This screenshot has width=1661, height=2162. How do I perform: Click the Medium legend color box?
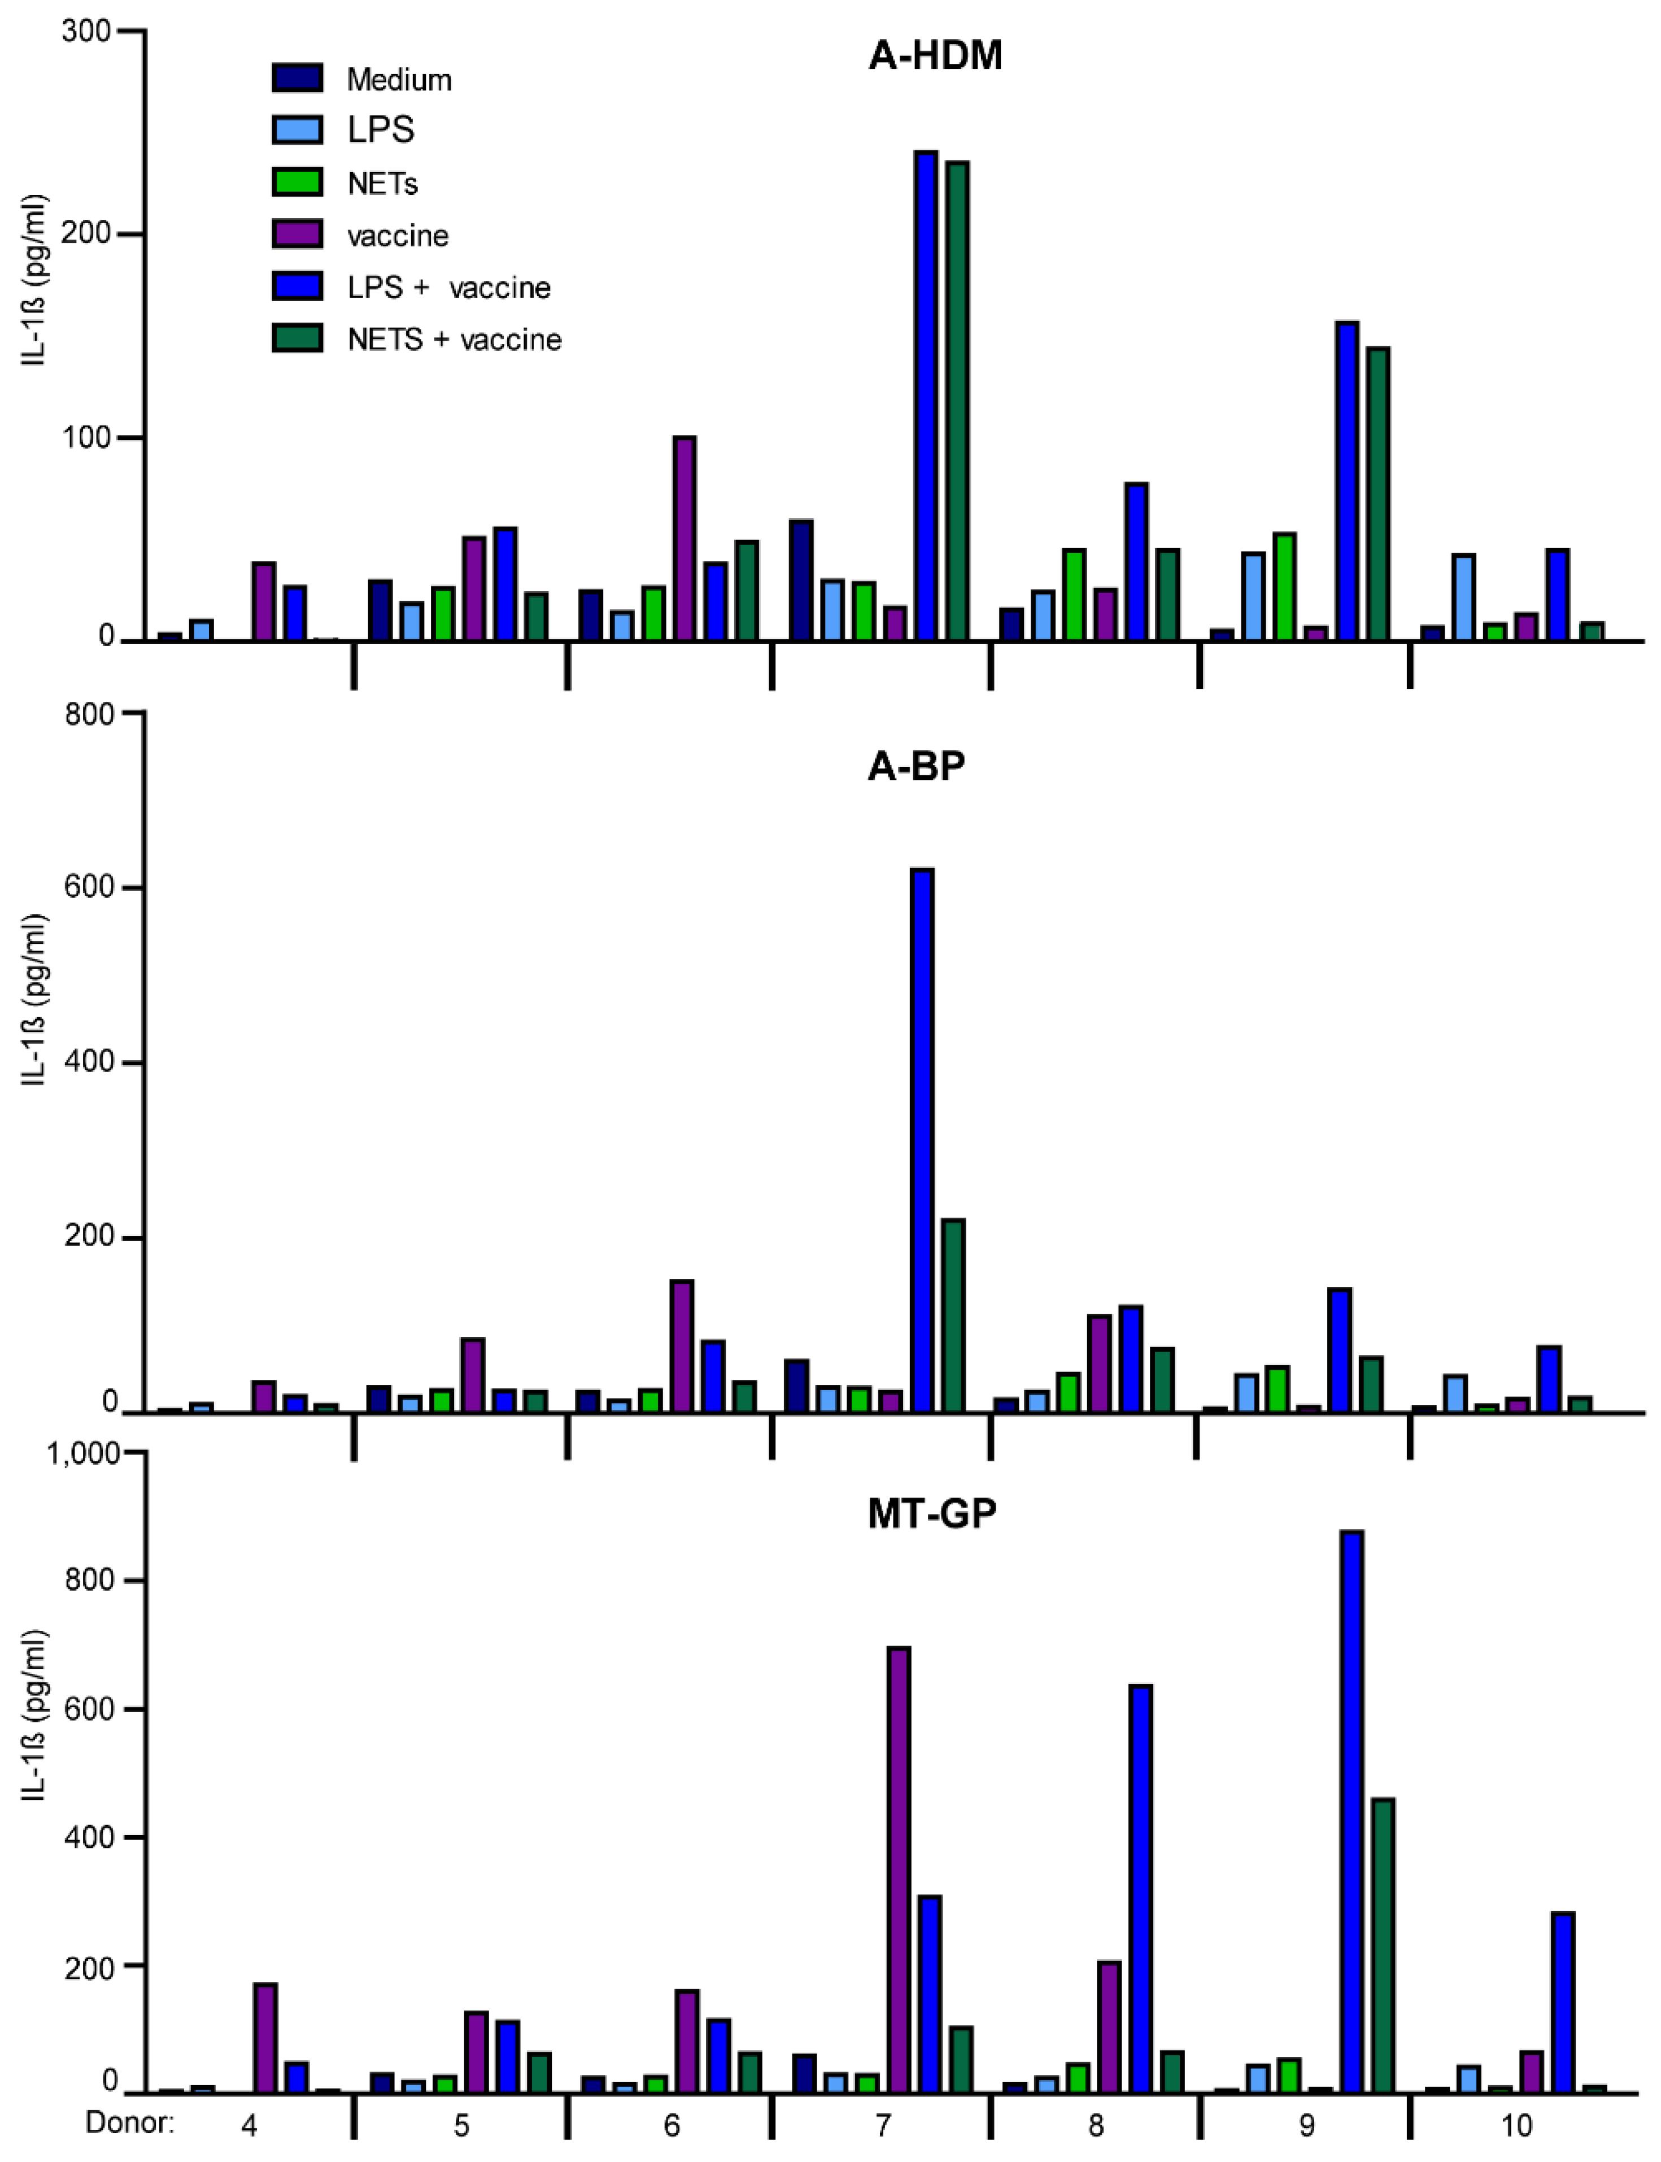pyautogui.click(x=297, y=78)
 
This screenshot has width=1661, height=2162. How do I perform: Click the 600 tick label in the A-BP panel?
pyautogui.click(x=89, y=887)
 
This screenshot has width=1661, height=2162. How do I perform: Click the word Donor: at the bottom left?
pyautogui.click(x=129, y=2122)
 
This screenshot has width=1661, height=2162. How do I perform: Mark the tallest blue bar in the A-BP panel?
pyautogui.click(x=922, y=1138)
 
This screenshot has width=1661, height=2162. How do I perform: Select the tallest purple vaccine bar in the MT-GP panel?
pyautogui.click(x=898, y=1869)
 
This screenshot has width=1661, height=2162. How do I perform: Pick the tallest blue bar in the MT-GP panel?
pyautogui.click(x=1350, y=1810)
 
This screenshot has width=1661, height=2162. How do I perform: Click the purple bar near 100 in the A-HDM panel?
pyautogui.click(x=684, y=539)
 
